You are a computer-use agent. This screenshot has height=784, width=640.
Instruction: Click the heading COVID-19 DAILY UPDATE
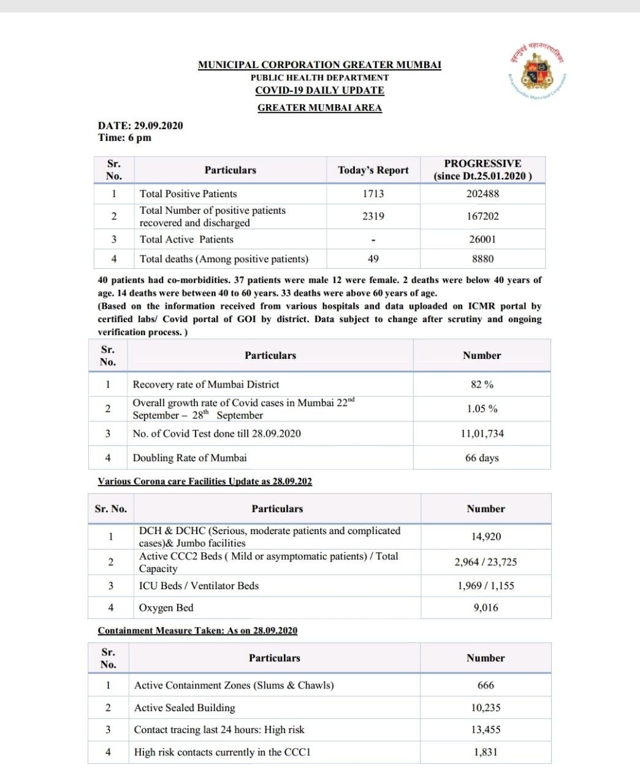[319, 90]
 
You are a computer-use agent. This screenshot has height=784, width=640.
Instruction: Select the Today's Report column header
[373, 170]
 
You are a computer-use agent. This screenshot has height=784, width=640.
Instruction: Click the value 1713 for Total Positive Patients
[373, 194]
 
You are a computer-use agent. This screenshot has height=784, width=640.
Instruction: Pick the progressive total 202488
[482, 194]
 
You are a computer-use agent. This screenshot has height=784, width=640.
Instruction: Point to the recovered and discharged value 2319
[373, 216]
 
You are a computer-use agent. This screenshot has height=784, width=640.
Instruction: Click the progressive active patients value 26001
[482, 239]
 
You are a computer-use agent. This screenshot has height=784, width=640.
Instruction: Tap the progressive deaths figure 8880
[482, 259]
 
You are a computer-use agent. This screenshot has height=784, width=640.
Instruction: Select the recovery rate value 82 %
[482, 385]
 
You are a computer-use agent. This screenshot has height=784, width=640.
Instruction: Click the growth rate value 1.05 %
[482, 409]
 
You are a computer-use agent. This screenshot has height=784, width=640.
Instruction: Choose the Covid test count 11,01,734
[482, 434]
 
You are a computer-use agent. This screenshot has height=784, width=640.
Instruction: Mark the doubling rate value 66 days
[482, 458]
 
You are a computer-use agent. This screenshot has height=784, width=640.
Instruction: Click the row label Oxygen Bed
[166, 608]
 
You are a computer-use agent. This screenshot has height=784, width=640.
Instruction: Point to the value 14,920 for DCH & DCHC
[486, 537]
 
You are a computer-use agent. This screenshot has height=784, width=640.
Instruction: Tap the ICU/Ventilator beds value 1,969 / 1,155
[486, 586]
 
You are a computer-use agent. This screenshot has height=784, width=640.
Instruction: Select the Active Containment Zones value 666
[486, 685]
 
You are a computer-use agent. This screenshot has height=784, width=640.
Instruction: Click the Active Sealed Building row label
[185, 707]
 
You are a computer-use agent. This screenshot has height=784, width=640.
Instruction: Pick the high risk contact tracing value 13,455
[486, 729]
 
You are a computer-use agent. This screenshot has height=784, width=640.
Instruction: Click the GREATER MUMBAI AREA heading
[319, 108]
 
